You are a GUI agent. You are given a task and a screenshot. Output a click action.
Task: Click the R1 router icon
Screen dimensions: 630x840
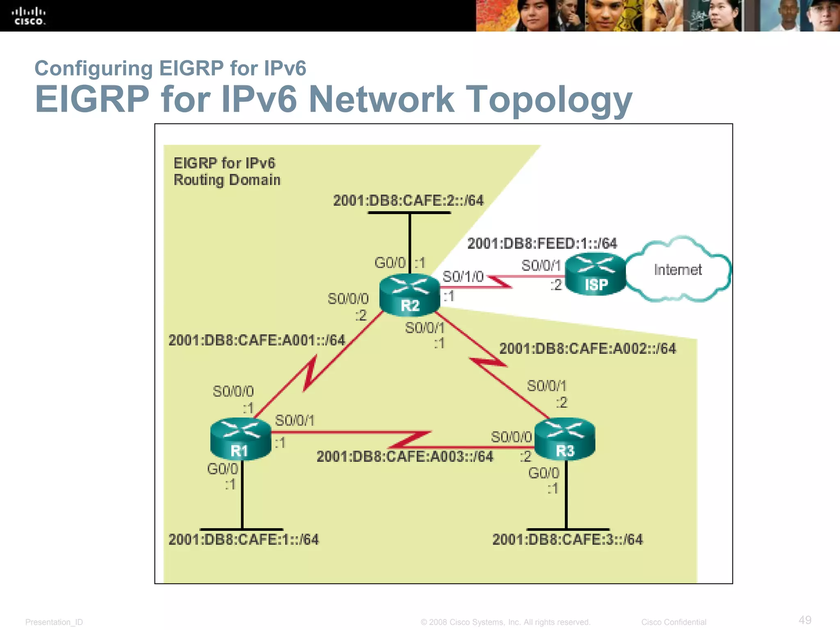240,439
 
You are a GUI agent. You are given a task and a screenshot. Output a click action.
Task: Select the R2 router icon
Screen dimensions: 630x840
409,294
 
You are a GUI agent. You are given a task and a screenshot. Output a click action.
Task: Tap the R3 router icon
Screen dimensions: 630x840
565,439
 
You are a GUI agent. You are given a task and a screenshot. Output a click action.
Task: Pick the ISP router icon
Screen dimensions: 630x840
596,274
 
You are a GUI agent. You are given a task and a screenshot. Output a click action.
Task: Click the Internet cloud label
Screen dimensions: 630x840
678,270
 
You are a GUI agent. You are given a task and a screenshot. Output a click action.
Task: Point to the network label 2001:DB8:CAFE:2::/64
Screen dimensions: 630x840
408,201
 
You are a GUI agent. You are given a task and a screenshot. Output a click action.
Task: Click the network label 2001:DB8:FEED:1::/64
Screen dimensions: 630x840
542,244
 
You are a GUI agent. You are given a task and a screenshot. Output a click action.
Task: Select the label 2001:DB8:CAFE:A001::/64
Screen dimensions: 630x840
257,340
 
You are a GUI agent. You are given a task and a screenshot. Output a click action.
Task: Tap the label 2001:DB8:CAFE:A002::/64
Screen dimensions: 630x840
587,349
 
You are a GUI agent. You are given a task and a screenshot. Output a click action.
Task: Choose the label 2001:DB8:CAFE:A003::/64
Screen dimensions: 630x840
405,457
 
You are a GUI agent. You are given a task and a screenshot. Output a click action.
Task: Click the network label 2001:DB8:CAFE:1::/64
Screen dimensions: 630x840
243,539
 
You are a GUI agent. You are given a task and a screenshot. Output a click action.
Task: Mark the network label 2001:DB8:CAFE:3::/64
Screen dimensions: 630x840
568,539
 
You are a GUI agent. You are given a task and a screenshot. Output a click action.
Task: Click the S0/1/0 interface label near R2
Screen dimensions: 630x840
463,276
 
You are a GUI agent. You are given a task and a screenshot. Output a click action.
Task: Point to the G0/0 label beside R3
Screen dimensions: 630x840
543,473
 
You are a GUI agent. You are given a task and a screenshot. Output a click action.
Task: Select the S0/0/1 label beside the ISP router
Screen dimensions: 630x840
541,266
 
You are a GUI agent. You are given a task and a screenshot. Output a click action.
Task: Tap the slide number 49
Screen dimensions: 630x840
805,620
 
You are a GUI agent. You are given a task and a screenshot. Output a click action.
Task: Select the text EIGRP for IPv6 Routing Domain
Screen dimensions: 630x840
227,171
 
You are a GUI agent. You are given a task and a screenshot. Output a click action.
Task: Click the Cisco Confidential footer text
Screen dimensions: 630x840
673,622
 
